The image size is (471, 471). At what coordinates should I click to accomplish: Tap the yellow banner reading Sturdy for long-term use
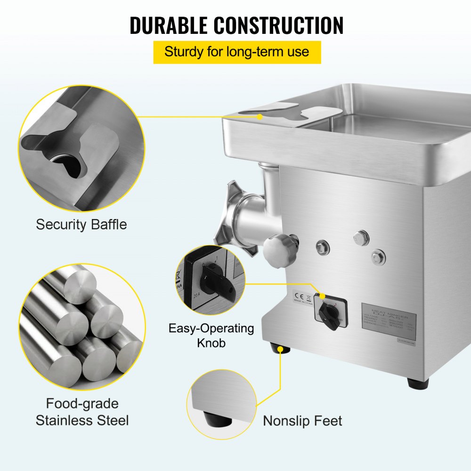(x=237, y=52)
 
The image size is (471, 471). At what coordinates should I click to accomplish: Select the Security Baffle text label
(x=81, y=224)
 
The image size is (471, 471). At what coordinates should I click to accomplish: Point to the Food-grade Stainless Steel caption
(x=82, y=412)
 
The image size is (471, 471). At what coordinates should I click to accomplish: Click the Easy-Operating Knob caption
(x=211, y=335)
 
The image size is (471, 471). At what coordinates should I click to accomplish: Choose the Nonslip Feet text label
(x=302, y=421)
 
